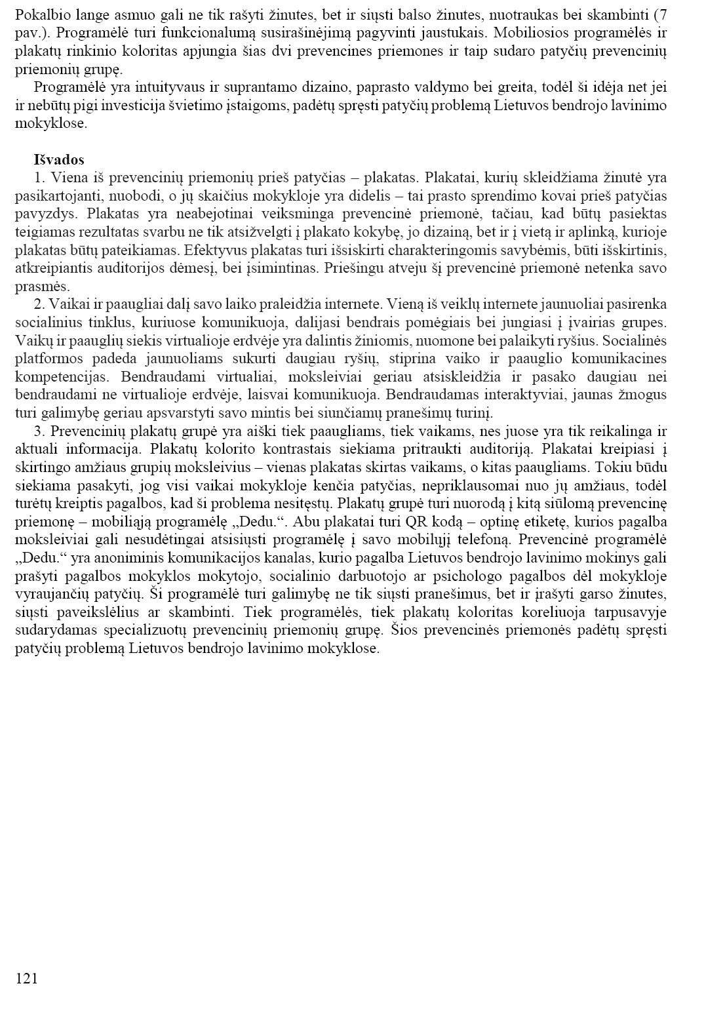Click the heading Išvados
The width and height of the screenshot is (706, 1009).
59,159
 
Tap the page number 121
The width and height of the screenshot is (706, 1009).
26,979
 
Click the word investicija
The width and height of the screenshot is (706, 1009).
147,106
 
